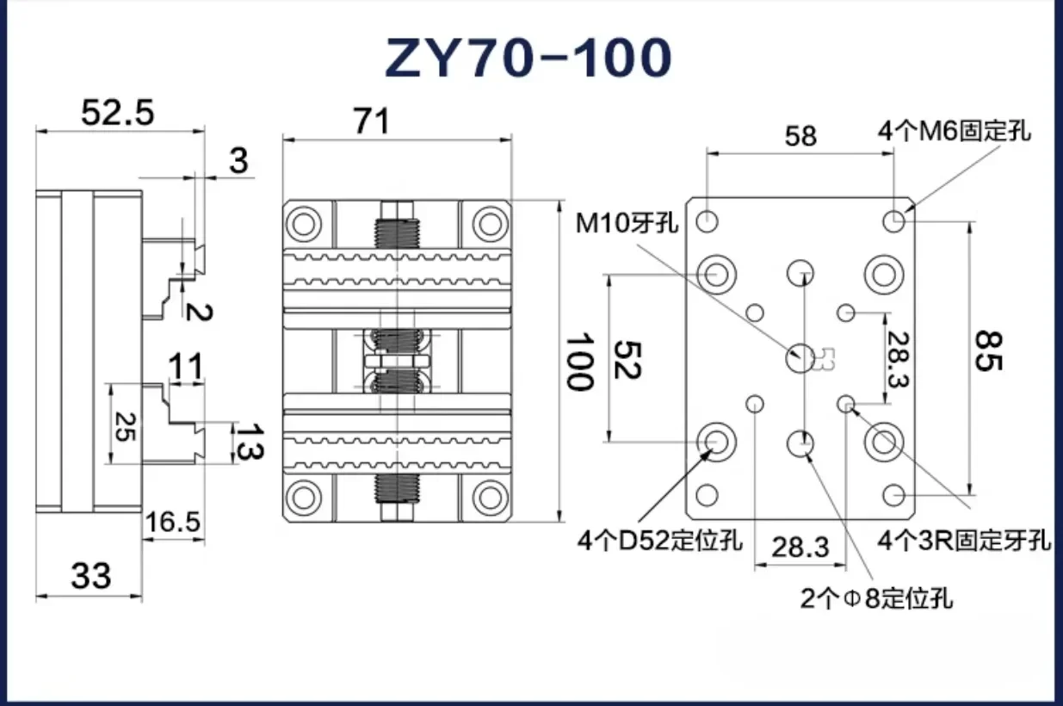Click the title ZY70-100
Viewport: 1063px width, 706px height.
coord(528,58)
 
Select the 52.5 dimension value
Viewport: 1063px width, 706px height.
coord(118,113)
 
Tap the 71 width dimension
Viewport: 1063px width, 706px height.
coord(372,121)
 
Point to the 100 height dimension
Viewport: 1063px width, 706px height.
coord(580,362)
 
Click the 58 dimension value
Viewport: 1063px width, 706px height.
coord(800,136)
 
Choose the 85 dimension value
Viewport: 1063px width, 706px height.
coord(988,351)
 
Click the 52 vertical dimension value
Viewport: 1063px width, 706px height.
coord(627,360)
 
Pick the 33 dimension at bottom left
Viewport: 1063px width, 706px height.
coord(90,575)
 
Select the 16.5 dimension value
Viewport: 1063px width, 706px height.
coord(173,522)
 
